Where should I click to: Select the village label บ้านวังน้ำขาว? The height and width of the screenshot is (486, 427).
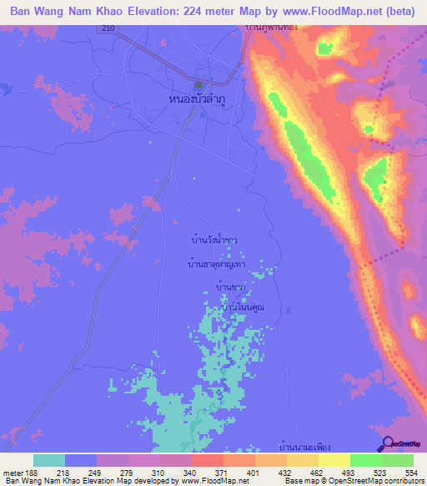point(213,239)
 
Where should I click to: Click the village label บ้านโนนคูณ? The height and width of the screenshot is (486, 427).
point(242,308)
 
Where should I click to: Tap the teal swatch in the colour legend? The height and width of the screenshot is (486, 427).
point(49,460)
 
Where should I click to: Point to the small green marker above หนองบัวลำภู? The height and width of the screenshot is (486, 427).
point(198,85)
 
